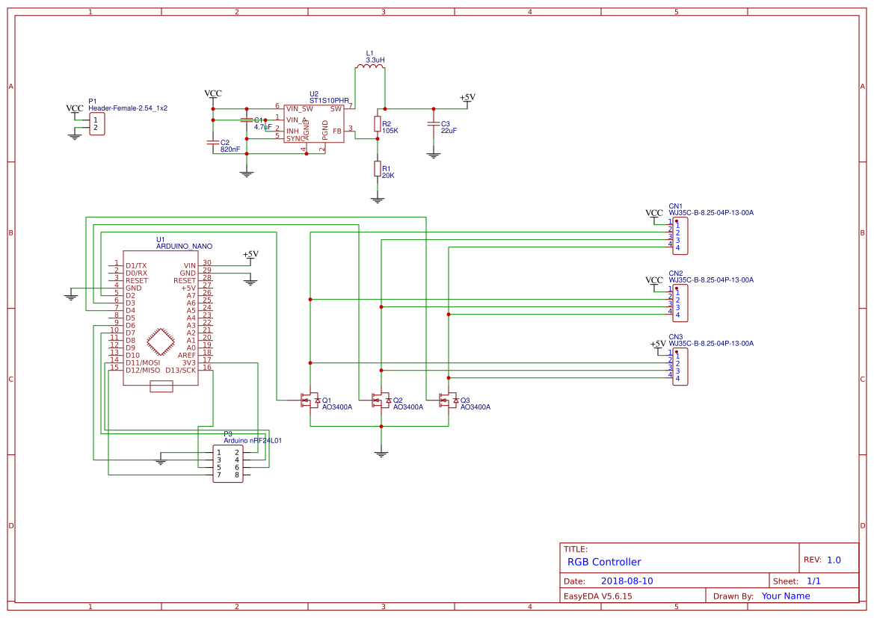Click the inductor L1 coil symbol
(370, 68)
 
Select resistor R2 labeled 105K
(377, 124)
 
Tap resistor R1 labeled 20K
(377, 170)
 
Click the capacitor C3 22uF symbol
(432, 125)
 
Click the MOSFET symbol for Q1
(307, 401)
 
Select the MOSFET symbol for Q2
(379, 401)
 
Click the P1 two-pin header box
(96, 124)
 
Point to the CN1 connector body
(680, 236)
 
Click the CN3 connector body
(680, 367)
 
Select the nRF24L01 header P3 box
(227, 463)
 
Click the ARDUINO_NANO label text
(184, 246)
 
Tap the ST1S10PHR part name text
(329, 100)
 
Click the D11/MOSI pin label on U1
(142, 362)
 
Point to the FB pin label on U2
(337, 131)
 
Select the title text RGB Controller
(604, 562)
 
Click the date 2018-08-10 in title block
(627, 581)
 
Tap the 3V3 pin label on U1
(188, 362)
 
